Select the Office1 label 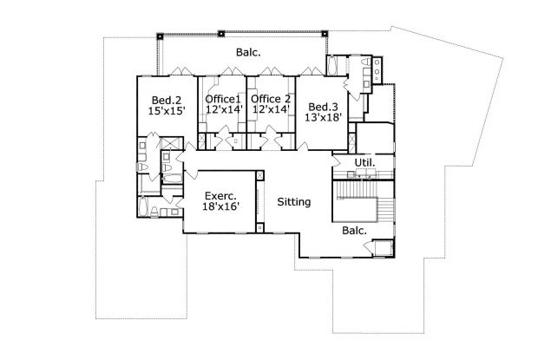[221, 100]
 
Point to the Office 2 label [270, 100]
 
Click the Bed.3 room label [324, 107]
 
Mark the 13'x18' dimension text [324, 119]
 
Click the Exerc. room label [220, 197]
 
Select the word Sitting [293, 202]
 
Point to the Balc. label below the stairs [354, 232]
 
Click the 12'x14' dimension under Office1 [221, 112]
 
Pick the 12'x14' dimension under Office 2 [270, 112]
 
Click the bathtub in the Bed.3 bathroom [334, 67]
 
